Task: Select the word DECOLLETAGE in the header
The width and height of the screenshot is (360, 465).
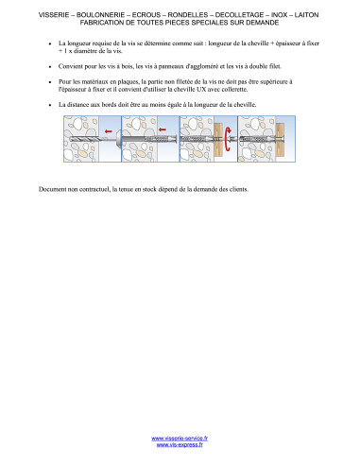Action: (239, 15)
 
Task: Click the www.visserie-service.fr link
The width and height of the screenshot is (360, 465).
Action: (180, 439)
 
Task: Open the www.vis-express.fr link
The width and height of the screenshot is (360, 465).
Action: (180, 445)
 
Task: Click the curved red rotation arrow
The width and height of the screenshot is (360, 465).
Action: (228, 139)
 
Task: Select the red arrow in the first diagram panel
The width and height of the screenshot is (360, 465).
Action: (108, 131)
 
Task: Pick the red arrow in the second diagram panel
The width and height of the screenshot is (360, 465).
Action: (163, 129)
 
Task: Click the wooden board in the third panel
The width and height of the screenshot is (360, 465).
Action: (218, 140)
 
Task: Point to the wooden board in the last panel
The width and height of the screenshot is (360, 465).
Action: (280, 139)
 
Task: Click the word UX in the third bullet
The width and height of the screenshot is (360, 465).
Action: (201, 89)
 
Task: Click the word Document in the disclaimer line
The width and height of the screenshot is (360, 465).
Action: (52, 189)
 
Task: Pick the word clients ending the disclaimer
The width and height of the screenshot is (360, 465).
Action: (239, 189)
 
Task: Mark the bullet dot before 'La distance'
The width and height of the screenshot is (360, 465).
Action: (50, 105)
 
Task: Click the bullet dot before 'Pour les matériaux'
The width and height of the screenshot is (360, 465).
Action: (50, 82)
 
